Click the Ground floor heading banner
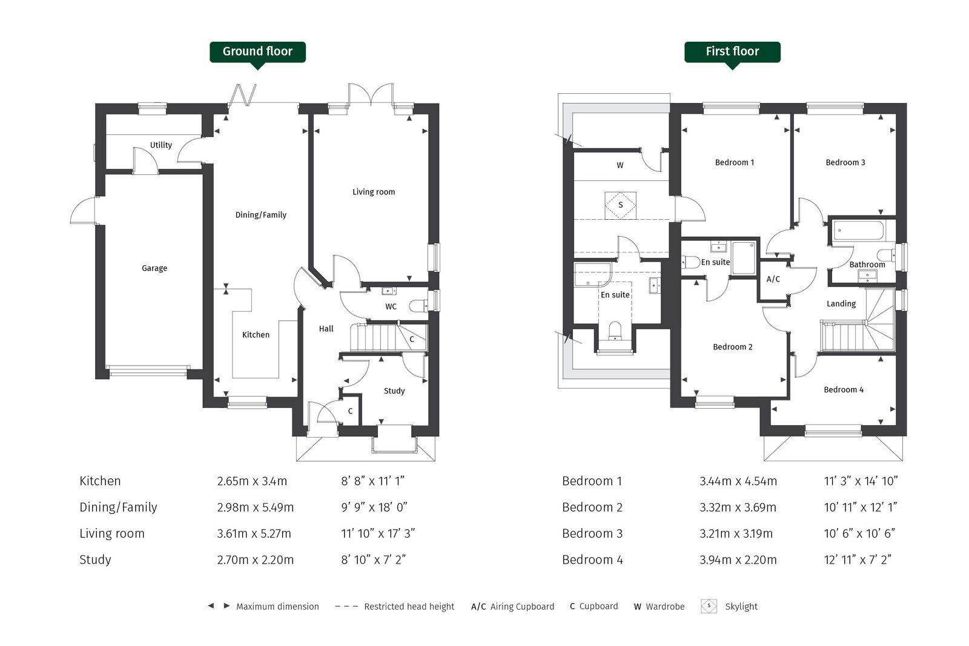[x=257, y=52]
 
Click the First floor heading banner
[x=732, y=52]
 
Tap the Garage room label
[x=154, y=269]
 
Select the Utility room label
[x=161, y=145]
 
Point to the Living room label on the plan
[x=374, y=192]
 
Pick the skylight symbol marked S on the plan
[x=620, y=205]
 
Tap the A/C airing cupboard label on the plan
[x=773, y=279]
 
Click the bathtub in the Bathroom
[x=858, y=231]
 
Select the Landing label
[x=841, y=304]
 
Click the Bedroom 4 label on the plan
[x=844, y=390]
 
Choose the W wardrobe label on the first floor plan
[x=620, y=165]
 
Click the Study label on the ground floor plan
[x=394, y=391]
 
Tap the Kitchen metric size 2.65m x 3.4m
[x=252, y=481]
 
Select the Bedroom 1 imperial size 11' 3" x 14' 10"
[x=861, y=481]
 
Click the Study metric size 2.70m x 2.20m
[x=255, y=560]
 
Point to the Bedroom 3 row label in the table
[x=592, y=533]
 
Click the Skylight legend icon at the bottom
[x=709, y=606]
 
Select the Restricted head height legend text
[x=409, y=607]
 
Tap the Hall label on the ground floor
[x=326, y=329]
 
